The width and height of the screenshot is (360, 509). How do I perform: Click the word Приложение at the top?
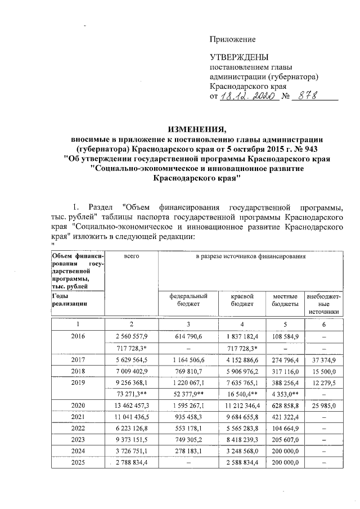tap(232, 39)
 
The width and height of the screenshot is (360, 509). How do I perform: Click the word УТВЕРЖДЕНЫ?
tap(239, 57)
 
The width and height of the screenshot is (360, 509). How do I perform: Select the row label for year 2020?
tap(78, 404)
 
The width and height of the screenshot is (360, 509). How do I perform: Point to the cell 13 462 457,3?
tap(132, 404)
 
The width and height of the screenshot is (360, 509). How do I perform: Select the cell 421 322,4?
tap(285, 416)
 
